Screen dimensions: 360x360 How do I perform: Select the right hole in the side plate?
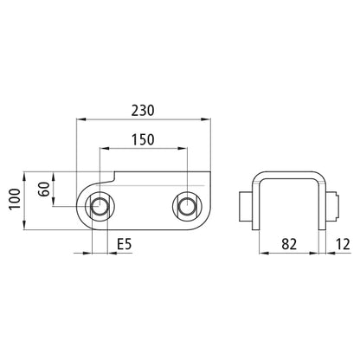(185, 206)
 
